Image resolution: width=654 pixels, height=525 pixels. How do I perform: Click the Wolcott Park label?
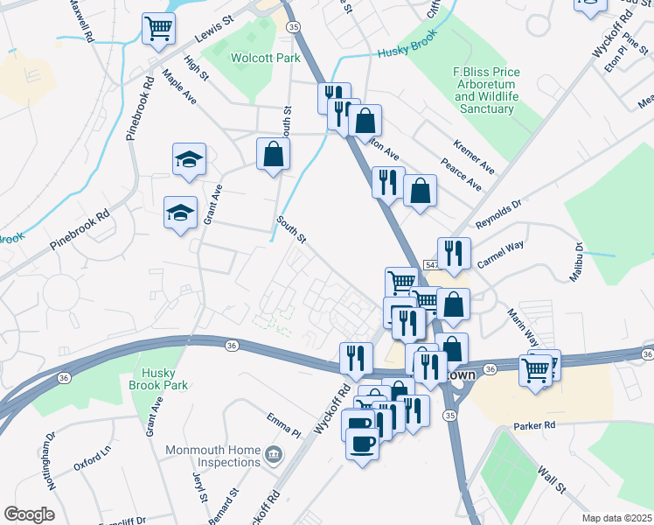coord(265,59)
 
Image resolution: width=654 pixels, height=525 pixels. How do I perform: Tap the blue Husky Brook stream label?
coord(406,52)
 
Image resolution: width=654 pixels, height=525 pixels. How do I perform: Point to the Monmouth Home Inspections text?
coord(213,456)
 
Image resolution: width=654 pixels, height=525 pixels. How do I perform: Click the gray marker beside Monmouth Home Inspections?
coord(274,456)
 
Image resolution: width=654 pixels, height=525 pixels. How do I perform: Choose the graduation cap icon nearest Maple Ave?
coord(189,159)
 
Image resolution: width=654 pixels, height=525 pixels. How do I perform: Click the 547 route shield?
coord(431,262)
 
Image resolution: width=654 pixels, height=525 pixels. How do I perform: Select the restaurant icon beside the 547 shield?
coord(454,253)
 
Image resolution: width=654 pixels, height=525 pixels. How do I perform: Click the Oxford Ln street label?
coord(93,458)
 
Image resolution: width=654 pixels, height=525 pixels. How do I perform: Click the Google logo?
coord(30,514)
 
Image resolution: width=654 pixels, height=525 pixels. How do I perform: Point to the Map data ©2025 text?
coord(616,518)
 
